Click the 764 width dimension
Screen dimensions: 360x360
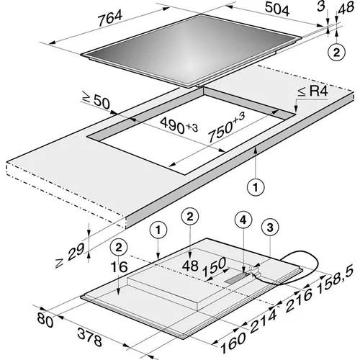110,18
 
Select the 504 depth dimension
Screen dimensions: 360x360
277,9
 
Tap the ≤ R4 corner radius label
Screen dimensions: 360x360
312,91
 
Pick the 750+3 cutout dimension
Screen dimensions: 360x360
226,127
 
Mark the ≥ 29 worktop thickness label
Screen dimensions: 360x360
70,255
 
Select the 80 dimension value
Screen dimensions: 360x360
45,320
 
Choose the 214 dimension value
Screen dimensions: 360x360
264,321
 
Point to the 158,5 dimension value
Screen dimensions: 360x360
336,279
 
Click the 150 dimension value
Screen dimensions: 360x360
214,266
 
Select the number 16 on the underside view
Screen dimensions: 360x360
119,267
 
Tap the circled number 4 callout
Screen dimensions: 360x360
243,220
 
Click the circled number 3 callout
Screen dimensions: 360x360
270,227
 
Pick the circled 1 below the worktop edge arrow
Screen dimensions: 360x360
256,186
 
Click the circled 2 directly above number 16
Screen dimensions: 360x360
119,248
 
